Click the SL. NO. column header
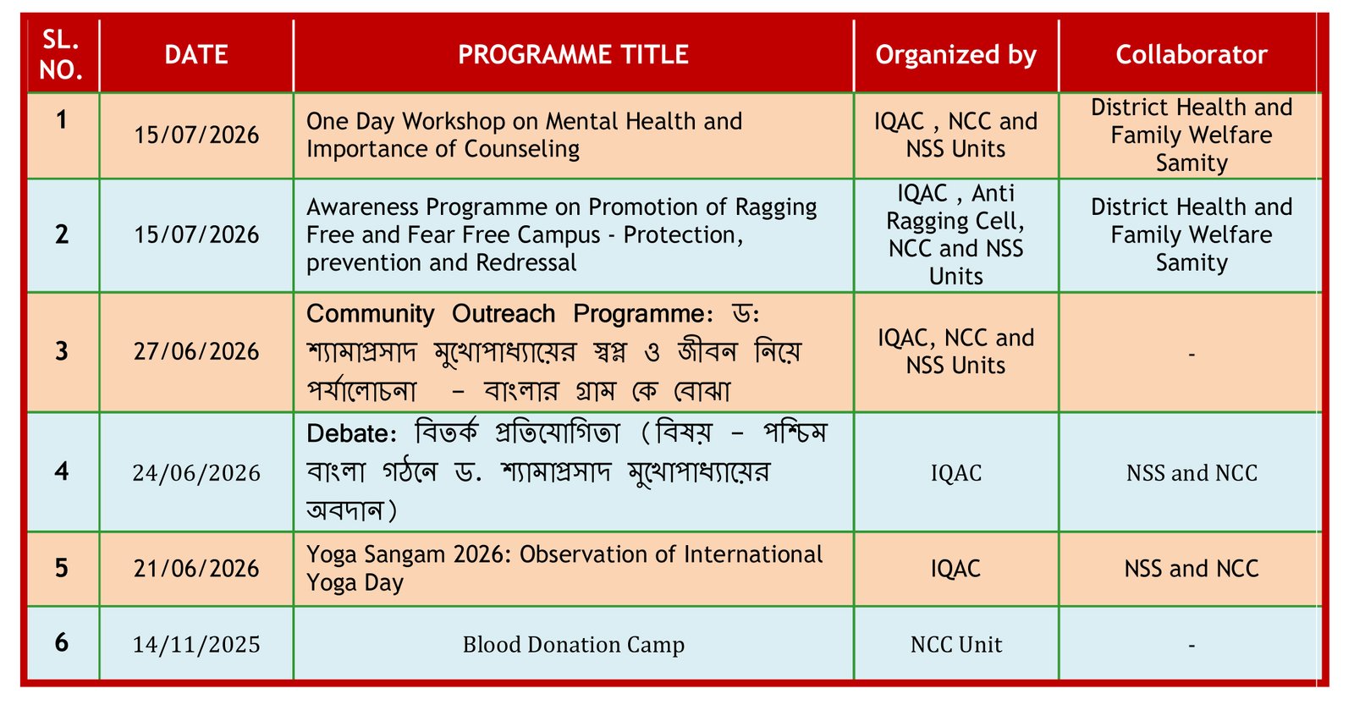(x=61, y=54)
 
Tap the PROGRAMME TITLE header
(x=573, y=54)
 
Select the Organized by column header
(x=955, y=55)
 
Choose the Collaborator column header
(x=1192, y=54)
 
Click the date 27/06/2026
(x=196, y=351)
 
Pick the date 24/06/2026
(x=196, y=473)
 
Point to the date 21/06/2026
(x=196, y=569)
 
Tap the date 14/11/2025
(x=196, y=645)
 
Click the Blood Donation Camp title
(x=574, y=645)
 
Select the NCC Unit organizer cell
(x=956, y=645)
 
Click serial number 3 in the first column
(x=62, y=351)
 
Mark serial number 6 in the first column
(x=62, y=642)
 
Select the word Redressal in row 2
(x=526, y=263)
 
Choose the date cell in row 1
(x=196, y=135)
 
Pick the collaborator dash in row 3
(x=1192, y=355)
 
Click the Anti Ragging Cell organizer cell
(x=955, y=234)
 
